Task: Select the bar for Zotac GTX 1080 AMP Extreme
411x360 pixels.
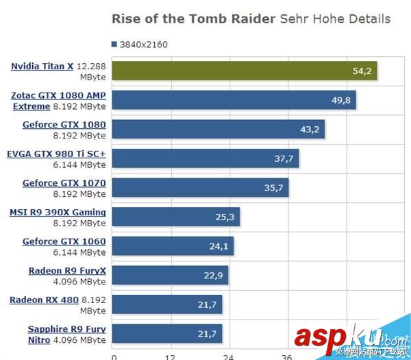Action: (233, 100)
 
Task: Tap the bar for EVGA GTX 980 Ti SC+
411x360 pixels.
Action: (206, 158)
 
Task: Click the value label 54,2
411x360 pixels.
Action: (361, 71)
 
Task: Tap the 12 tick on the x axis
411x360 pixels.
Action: (171, 356)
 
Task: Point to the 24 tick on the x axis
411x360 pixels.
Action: (228, 356)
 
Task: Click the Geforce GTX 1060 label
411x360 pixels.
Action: (64, 241)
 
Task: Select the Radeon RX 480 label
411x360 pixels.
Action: (43, 300)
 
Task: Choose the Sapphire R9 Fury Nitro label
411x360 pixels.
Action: (66, 329)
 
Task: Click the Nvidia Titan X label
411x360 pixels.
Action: (42, 67)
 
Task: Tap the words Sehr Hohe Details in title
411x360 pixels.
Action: (336, 19)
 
